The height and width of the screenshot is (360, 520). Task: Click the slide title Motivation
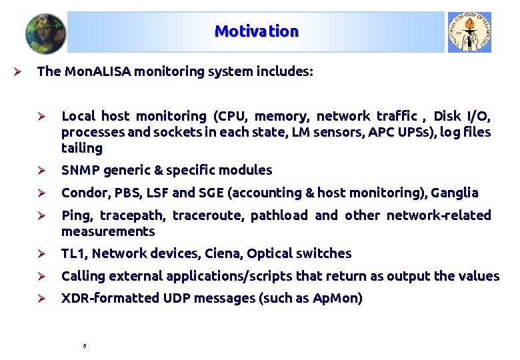[257, 31]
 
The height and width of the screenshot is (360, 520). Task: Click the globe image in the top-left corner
[45, 33]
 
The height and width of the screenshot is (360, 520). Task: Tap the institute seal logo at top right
[469, 32]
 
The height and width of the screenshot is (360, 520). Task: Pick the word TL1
[73, 253]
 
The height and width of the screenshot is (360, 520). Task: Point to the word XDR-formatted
[110, 298]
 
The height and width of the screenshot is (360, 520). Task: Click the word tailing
[82, 148]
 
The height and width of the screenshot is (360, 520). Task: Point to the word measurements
[108, 231]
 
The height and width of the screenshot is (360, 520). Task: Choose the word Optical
[271, 253]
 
